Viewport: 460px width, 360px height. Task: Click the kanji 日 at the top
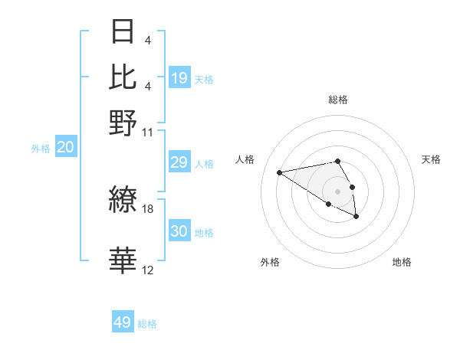123,31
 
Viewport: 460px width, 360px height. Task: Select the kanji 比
123,77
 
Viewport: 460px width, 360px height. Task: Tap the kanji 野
123,123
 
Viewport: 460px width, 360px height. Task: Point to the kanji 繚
123,200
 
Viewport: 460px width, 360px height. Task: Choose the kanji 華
123,260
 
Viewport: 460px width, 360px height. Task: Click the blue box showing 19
179,78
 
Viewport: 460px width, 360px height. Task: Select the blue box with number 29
179,162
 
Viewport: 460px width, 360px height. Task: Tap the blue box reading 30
179,231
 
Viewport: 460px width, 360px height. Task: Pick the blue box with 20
65,148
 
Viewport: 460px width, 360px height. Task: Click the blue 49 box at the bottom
123,322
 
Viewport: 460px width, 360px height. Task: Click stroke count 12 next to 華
148,270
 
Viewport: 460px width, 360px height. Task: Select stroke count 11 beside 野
148,132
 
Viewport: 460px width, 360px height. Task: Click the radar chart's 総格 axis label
338,100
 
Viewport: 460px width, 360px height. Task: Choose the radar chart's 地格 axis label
402,262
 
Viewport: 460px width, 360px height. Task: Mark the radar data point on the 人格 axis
280,172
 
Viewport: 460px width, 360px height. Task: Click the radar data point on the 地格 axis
356,217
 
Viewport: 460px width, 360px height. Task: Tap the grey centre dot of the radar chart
337,191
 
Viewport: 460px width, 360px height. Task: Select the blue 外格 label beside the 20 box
41,149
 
